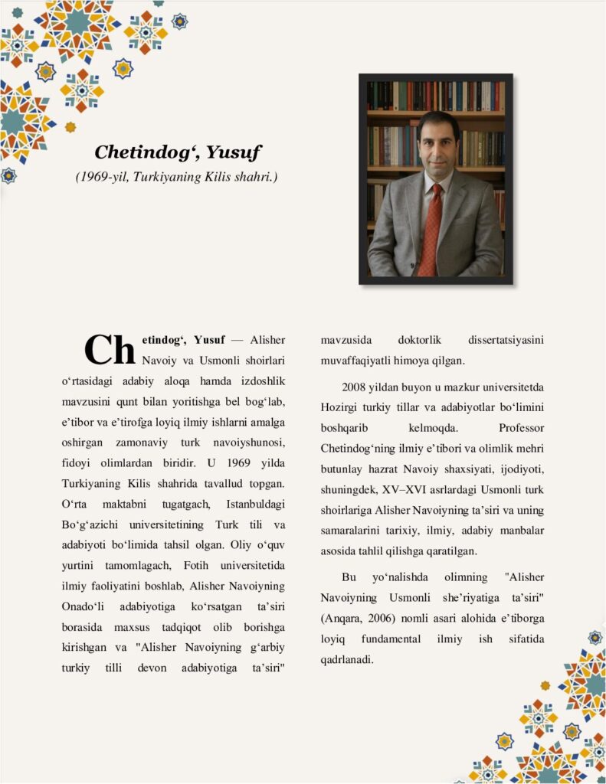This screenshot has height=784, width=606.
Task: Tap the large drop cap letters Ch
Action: [x=110, y=350]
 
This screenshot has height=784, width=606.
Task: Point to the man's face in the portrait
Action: [x=434, y=146]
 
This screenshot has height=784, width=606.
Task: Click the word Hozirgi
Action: [x=337, y=407]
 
